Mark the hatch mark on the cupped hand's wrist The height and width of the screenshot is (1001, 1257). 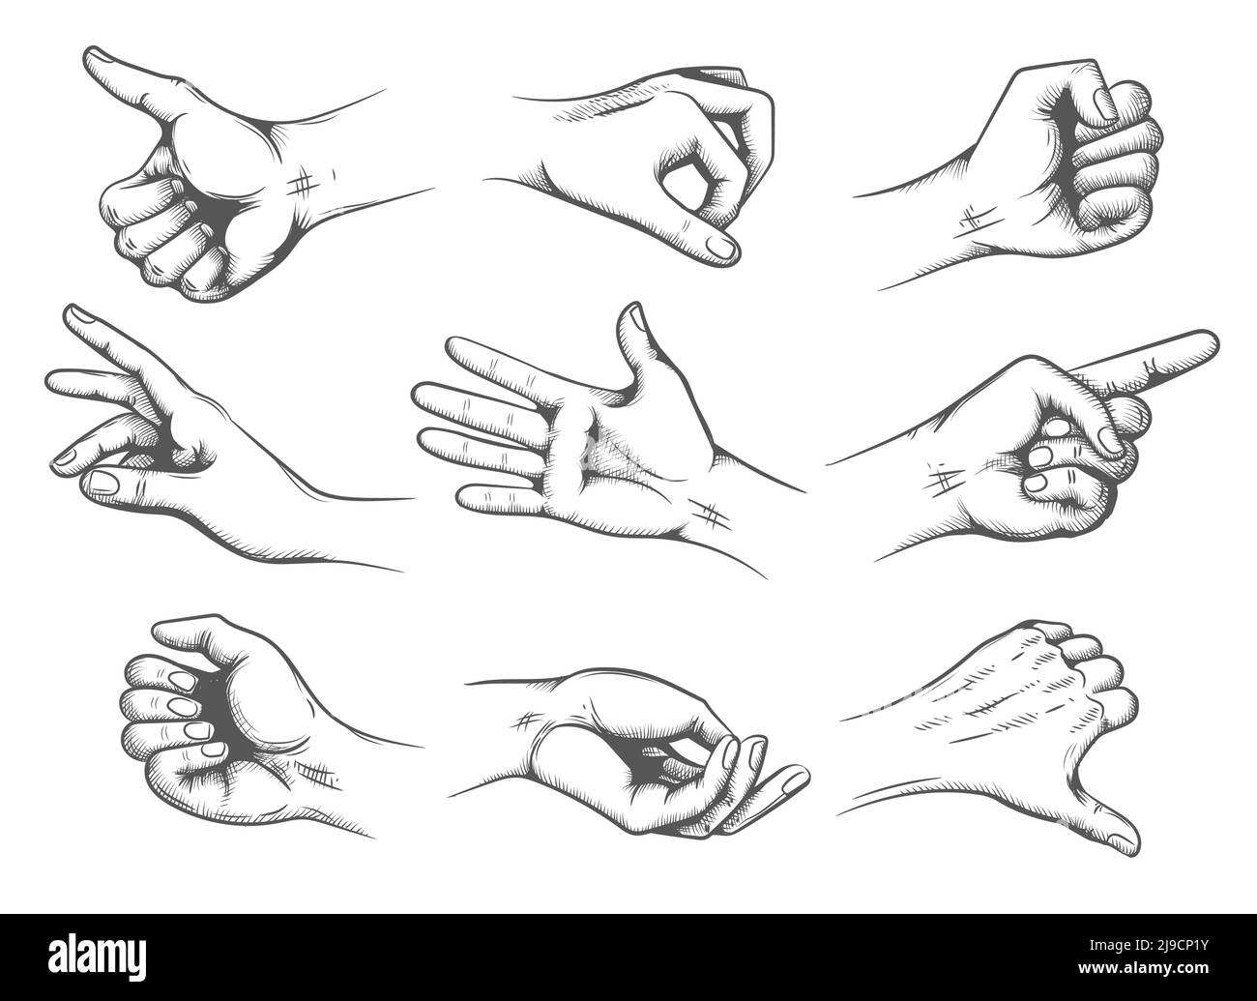coord(528,720)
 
